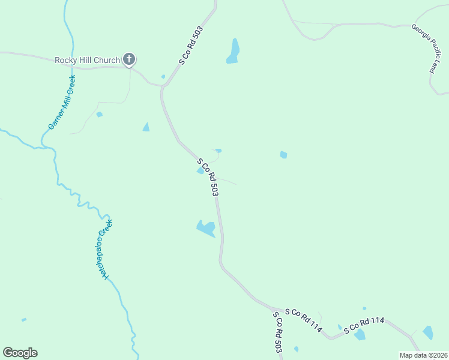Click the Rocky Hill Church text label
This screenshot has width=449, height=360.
click(87, 60)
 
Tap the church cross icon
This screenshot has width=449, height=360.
click(128, 59)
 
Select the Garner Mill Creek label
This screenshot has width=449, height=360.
click(62, 102)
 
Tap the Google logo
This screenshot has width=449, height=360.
click(20, 353)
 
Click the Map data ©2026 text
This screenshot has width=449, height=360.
click(423, 355)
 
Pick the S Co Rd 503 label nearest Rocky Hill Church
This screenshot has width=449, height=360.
click(191, 46)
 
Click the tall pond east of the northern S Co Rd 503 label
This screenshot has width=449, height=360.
click(234, 50)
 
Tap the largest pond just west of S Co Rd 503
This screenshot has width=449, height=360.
click(206, 228)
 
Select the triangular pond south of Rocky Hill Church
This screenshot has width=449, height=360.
click(146, 127)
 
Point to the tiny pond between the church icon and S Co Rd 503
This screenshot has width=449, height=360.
click(163, 76)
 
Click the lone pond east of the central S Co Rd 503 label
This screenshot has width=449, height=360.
click(283, 155)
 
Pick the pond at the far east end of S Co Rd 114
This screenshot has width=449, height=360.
click(428, 332)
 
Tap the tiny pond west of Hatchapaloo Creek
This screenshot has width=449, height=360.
click(24, 320)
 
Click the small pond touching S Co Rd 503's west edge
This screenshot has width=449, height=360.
click(200, 170)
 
